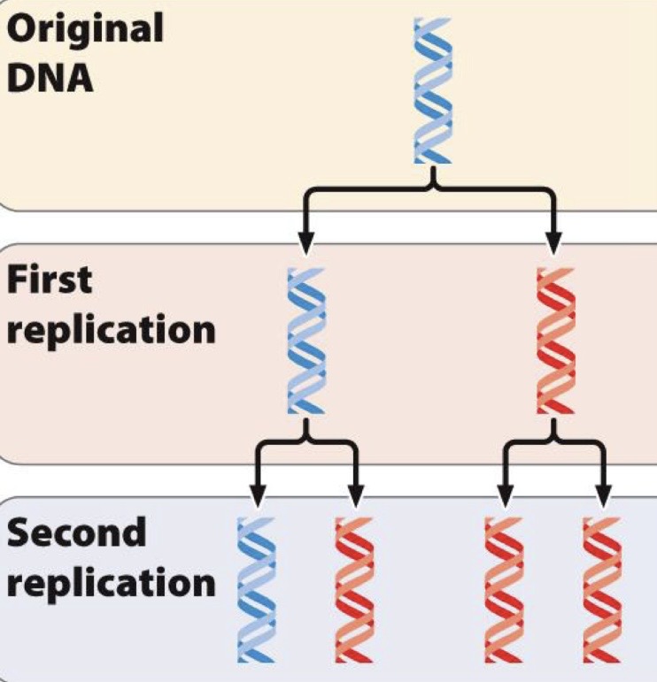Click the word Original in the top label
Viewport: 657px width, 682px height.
pyautogui.click(x=85, y=28)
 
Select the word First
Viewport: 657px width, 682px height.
pyautogui.click(x=50, y=280)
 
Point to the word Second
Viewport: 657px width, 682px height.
pyautogui.click(x=76, y=533)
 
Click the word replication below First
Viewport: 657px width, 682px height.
pyautogui.click(x=111, y=329)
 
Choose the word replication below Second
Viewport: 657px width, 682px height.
pyautogui.click(x=111, y=584)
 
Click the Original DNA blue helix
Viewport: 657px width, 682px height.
pyautogui.click(x=433, y=90)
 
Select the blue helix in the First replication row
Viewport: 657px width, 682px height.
pyautogui.click(x=306, y=341)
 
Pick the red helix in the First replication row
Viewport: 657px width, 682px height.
pyautogui.click(x=555, y=341)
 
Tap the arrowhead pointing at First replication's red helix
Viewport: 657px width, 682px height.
pyautogui.click(x=554, y=242)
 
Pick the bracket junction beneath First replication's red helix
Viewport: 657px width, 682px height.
pyautogui.click(x=555, y=437)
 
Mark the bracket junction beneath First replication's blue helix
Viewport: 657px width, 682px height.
pyautogui.click(x=306, y=437)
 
